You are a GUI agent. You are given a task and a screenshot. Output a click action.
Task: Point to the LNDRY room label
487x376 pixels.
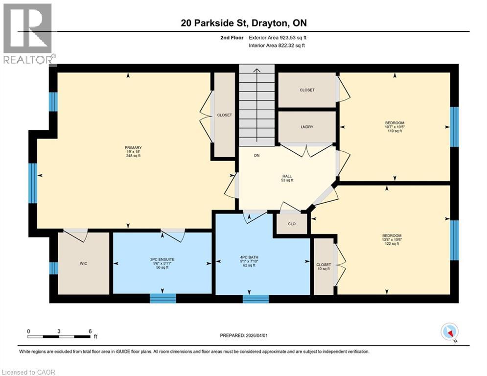[307, 127]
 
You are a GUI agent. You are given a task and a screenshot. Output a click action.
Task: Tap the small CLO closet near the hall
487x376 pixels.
[291, 224]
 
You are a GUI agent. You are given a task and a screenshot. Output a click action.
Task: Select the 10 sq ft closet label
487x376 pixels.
[323, 267]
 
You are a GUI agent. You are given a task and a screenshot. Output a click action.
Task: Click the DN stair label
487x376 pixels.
[256, 157]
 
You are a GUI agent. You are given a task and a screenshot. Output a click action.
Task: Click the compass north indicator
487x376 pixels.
[449, 331]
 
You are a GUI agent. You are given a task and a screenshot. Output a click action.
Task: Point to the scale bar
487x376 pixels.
[59, 336]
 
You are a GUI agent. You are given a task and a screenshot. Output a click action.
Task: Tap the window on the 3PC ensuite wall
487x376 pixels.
[162, 298]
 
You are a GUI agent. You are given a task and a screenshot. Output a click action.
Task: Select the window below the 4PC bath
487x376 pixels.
[255, 298]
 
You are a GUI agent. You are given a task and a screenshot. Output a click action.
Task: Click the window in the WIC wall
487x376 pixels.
[53, 268]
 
